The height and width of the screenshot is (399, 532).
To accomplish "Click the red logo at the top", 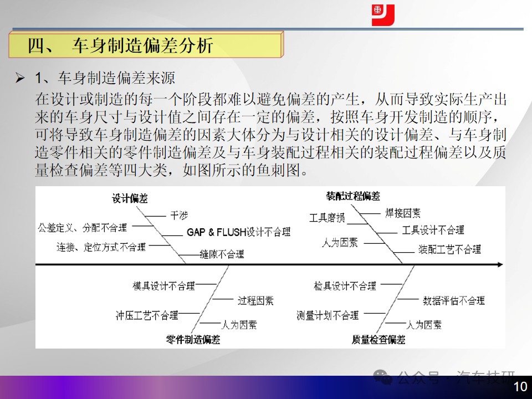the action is click(x=383, y=15).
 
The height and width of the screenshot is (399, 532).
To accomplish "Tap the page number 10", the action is click(x=520, y=386).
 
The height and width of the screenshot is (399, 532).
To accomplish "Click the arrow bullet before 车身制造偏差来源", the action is click(x=20, y=78).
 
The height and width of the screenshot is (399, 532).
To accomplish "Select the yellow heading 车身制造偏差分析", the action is click(x=120, y=45).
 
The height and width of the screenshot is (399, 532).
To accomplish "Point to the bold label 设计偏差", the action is click(x=130, y=198).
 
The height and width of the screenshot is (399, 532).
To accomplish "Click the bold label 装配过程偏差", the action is click(x=353, y=196).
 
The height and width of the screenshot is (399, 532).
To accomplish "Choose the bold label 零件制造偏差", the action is click(x=193, y=339).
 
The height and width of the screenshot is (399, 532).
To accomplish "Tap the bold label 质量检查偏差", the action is click(x=378, y=339).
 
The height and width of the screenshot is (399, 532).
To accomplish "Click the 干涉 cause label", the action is click(x=179, y=216).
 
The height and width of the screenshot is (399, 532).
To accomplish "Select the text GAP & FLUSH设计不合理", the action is click(x=238, y=232).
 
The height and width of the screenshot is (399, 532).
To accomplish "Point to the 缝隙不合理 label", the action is click(x=222, y=254).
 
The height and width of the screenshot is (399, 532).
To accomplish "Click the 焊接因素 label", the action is click(x=403, y=213).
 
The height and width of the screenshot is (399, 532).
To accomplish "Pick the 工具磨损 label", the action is click(x=327, y=217).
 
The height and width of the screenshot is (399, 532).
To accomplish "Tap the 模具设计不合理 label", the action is click(x=164, y=286).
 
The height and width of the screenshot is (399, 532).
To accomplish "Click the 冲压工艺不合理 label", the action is click(x=147, y=315).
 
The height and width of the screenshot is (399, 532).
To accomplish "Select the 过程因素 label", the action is click(x=255, y=300).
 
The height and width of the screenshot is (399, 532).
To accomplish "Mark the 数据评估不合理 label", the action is click(x=454, y=300).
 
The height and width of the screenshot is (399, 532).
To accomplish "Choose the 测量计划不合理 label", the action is click(x=328, y=315).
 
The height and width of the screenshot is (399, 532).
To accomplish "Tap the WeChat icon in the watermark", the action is click(x=382, y=377).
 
